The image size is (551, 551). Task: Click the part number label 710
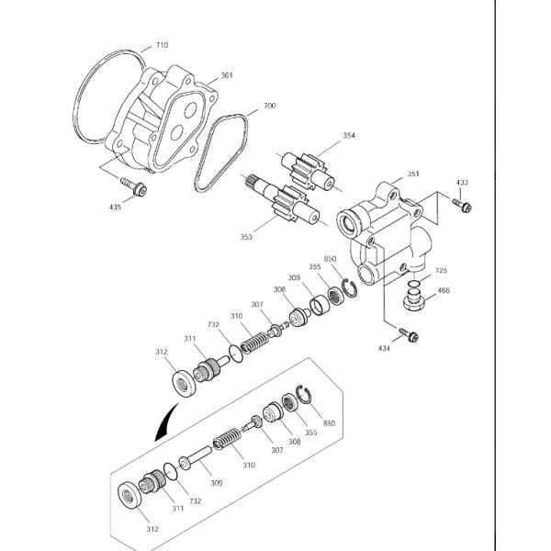click(x=163, y=45)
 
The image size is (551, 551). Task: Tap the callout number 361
click(x=226, y=77)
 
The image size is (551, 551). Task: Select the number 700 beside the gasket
click(x=269, y=107)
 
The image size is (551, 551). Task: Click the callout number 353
click(x=246, y=238)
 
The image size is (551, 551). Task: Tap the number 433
click(x=462, y=184)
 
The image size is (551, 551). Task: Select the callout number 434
click(x=384, y=349)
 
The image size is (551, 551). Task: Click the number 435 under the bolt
click(x=115, y=208)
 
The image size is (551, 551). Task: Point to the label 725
click(x=441, y=271)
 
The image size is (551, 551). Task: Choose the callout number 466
click(x=444, y=291)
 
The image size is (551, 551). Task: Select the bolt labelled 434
click(x=410, y=334)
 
